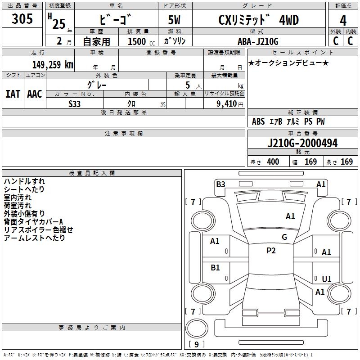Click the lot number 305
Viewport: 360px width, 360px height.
click(22, 19)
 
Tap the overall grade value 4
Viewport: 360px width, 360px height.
click(343, 20)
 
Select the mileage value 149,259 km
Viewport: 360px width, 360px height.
click(53, 65)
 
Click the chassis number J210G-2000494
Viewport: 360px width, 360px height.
click(302, 143)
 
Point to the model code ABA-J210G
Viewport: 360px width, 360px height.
click(258, 41)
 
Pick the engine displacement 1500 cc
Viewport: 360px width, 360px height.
click(141, 41)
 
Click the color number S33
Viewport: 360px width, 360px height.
click(75, 104)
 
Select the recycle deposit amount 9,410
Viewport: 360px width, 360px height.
click(227, 103)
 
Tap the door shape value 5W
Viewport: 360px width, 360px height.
click(174, 20)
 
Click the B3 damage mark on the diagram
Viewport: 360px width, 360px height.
click(220, 184)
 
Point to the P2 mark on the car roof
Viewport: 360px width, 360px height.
click(271, 251)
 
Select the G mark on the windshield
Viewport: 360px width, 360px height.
click(284, 237)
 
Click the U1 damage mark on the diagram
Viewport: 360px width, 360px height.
click(327, 279)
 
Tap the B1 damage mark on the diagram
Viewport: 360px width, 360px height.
click(215, 267)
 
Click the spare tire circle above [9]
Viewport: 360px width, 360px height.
click(197, 328)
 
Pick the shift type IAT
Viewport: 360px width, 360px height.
click(13, 94)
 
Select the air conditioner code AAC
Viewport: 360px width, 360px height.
click(35, 94)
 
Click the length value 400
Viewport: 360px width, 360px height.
click(273, 162)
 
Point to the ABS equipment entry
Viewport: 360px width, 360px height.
click(258, 121)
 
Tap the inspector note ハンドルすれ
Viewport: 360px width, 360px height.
click(24, 181)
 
